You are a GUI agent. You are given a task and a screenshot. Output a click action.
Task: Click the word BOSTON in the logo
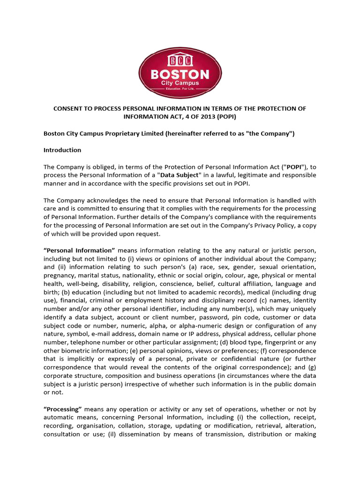pos(180,74)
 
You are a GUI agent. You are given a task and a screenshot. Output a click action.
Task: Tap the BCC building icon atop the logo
pos(180,61)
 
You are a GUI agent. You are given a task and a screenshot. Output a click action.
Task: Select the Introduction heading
pos(62,150)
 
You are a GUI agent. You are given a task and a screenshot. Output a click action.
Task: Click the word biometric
pos(76,351)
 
